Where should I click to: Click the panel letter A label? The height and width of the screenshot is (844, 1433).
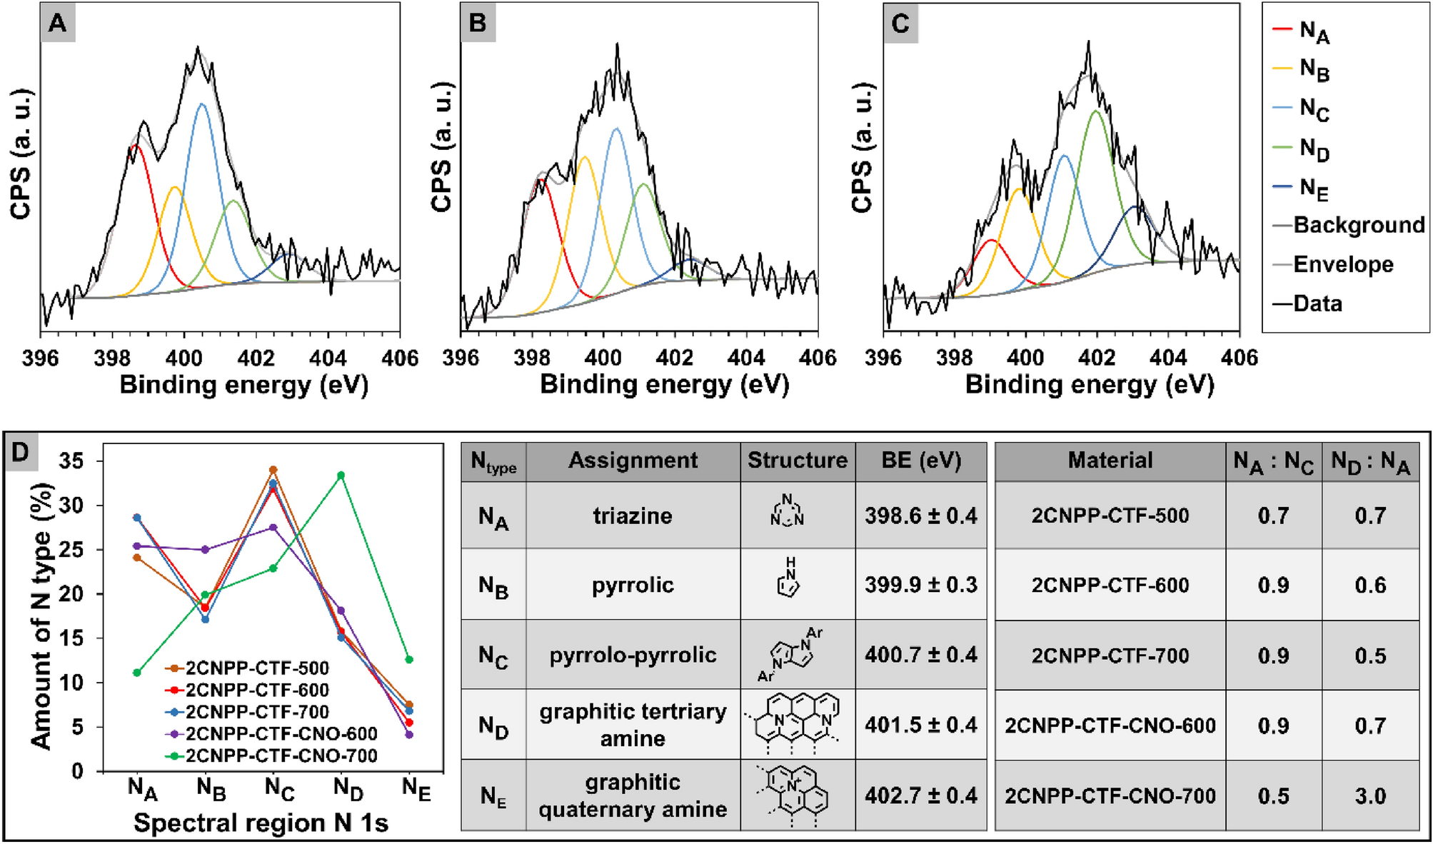point(57,24)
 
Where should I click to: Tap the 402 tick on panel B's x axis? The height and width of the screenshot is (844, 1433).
point(675,357)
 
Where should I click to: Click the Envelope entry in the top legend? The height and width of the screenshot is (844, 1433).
point(1342,264)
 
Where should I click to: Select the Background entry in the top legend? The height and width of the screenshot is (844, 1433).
point(1358,226)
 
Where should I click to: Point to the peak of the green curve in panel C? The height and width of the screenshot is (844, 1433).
point(1095,111)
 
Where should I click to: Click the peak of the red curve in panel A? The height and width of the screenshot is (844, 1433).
point(134,145)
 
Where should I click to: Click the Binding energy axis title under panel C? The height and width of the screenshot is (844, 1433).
point(1090,385)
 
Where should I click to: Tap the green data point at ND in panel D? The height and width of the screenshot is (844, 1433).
point(341,475)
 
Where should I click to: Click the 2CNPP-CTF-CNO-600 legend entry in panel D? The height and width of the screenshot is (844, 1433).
point(281,734)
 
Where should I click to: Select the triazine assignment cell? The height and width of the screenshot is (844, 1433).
point(633,516)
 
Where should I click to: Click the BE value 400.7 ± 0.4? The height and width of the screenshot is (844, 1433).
point(920,655)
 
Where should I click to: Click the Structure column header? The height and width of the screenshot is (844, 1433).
point(797,461)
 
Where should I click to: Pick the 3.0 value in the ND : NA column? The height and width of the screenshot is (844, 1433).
point(1369,795)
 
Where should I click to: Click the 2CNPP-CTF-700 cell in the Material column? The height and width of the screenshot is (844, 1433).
point(1110,655)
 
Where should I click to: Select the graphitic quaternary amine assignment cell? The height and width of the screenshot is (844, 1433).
point(633,795)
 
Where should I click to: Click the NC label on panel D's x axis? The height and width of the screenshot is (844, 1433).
point(279,789)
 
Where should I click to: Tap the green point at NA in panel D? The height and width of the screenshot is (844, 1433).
point(137,672)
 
